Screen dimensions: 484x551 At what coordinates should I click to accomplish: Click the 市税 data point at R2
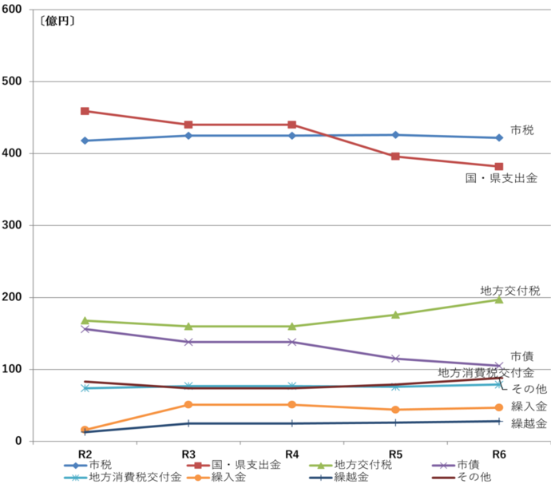tap(85, 141)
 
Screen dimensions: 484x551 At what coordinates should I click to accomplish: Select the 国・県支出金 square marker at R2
tap(85, 111)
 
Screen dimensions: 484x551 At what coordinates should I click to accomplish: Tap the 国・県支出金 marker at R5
tap(395, 157)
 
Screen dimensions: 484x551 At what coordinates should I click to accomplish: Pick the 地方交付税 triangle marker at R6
tap(499, 300)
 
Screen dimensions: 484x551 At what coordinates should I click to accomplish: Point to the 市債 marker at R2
tap(85, 329)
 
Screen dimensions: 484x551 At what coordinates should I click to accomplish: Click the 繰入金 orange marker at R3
tap(188, 405)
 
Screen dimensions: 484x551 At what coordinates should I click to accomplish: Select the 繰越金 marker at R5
tap(395, 423)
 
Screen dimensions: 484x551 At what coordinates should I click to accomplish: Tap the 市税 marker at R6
tap(499, 137)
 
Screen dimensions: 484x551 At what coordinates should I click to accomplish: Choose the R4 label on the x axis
tap(292, 454)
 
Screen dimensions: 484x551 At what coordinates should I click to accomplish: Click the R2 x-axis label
tap(85, 454)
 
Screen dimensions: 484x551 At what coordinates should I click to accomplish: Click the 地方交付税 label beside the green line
tap(510, 290)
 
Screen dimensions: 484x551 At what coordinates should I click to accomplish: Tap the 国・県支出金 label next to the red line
tap(501, 178)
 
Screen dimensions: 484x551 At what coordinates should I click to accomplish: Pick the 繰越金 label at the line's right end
tap(529, 423)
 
